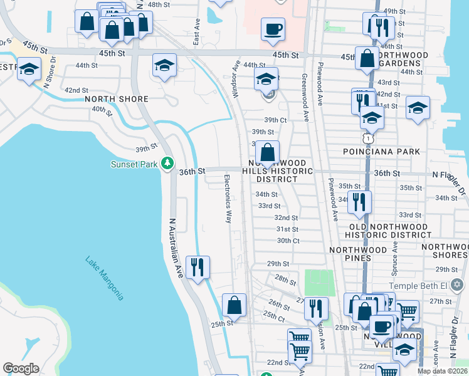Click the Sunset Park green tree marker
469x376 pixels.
(167, 164)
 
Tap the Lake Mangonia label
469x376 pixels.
(105, 278)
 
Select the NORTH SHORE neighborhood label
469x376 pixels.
(116, 99)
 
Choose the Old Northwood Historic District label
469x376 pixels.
(389, 231)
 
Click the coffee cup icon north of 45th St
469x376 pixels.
(273, 29)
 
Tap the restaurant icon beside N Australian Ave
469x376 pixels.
(198, 267)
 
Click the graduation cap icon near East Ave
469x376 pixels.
(164, 65)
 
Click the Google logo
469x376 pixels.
(21, 368)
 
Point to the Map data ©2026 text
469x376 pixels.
(442, 371)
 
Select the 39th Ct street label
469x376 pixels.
(275, 120)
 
